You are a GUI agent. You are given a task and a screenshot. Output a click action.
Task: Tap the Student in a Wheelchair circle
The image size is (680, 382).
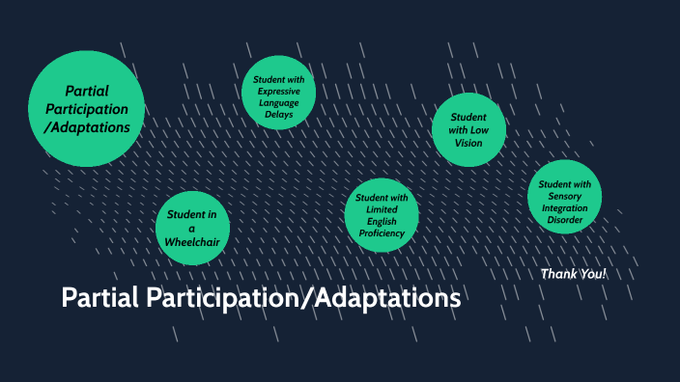pyautogui.click(x=192, y=228)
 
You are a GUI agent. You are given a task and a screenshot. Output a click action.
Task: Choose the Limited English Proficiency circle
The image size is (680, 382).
pyautogui.click(x=381, y=215)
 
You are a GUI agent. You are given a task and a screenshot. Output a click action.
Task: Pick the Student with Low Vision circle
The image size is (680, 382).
pyautogui.click(x=467, y=129)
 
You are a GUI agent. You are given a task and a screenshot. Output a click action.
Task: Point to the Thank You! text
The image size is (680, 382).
pyautogui.click(x=574, y=274)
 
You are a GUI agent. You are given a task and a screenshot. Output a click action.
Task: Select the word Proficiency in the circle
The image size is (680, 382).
pyautogui.click(x=381, y=233)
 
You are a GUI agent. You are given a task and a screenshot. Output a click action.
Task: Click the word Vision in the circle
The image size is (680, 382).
pyautogui.click(x=467, y=143)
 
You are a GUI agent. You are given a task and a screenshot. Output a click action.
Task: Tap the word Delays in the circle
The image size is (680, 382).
pyautogui.click(x=279, y=113)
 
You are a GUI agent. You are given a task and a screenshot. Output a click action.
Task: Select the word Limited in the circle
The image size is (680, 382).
pyautogui.click(x=381, y=209)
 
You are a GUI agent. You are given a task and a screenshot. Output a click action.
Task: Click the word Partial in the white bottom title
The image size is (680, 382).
pyautogui.click(x=101, y=298)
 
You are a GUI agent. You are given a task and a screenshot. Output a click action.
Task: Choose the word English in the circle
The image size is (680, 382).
pyautogui.click(x=381, y=221)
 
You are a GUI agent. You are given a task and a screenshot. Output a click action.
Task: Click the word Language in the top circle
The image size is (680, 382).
pyautogui.click(x=279, y=101)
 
